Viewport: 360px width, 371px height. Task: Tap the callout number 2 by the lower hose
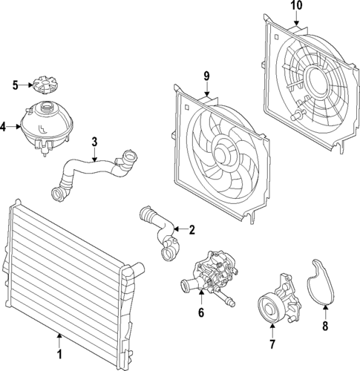192,230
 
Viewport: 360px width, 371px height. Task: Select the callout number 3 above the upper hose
94,141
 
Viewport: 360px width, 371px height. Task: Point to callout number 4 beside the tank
4,127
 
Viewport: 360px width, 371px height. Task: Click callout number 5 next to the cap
15,85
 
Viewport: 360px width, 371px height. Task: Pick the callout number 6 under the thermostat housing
200,314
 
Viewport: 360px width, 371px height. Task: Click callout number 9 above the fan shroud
207,76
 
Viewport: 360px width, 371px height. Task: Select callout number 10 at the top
295,7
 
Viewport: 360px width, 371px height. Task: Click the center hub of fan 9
222,154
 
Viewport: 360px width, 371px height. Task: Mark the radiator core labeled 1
67,275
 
